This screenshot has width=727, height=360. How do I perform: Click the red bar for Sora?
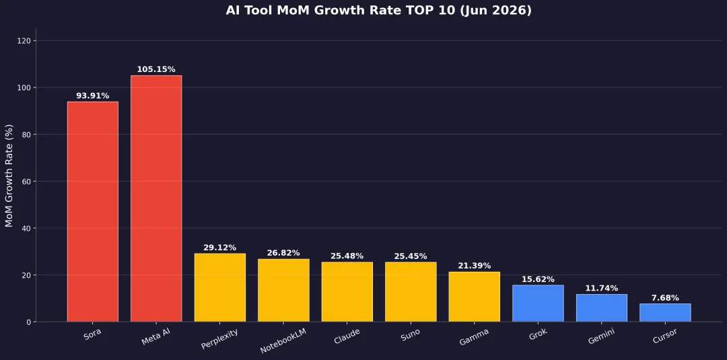[x=93, y=212]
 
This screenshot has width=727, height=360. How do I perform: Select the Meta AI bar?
[x=156, y=199]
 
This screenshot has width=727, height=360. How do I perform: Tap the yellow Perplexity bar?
[x=219, y=287]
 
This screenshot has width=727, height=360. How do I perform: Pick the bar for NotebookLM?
[x=283, y=290]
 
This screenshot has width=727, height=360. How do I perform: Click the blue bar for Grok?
[x=538, y=303]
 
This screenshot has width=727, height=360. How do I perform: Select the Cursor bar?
[x=665, y=313]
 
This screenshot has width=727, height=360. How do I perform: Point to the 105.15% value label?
[x=156, y=69]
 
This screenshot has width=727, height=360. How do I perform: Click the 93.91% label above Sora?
[x=93, y=96]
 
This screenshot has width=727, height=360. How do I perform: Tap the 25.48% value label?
[x=347, y=256]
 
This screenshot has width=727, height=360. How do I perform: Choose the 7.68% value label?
[x=665, y=298]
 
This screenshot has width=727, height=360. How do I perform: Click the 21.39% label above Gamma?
[x=475, y=266]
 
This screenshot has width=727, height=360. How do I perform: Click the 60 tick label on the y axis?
[x=27, y=182]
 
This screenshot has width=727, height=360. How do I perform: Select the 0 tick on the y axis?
[x=29, y=322]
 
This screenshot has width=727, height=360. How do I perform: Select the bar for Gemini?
[x=601, y=308]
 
